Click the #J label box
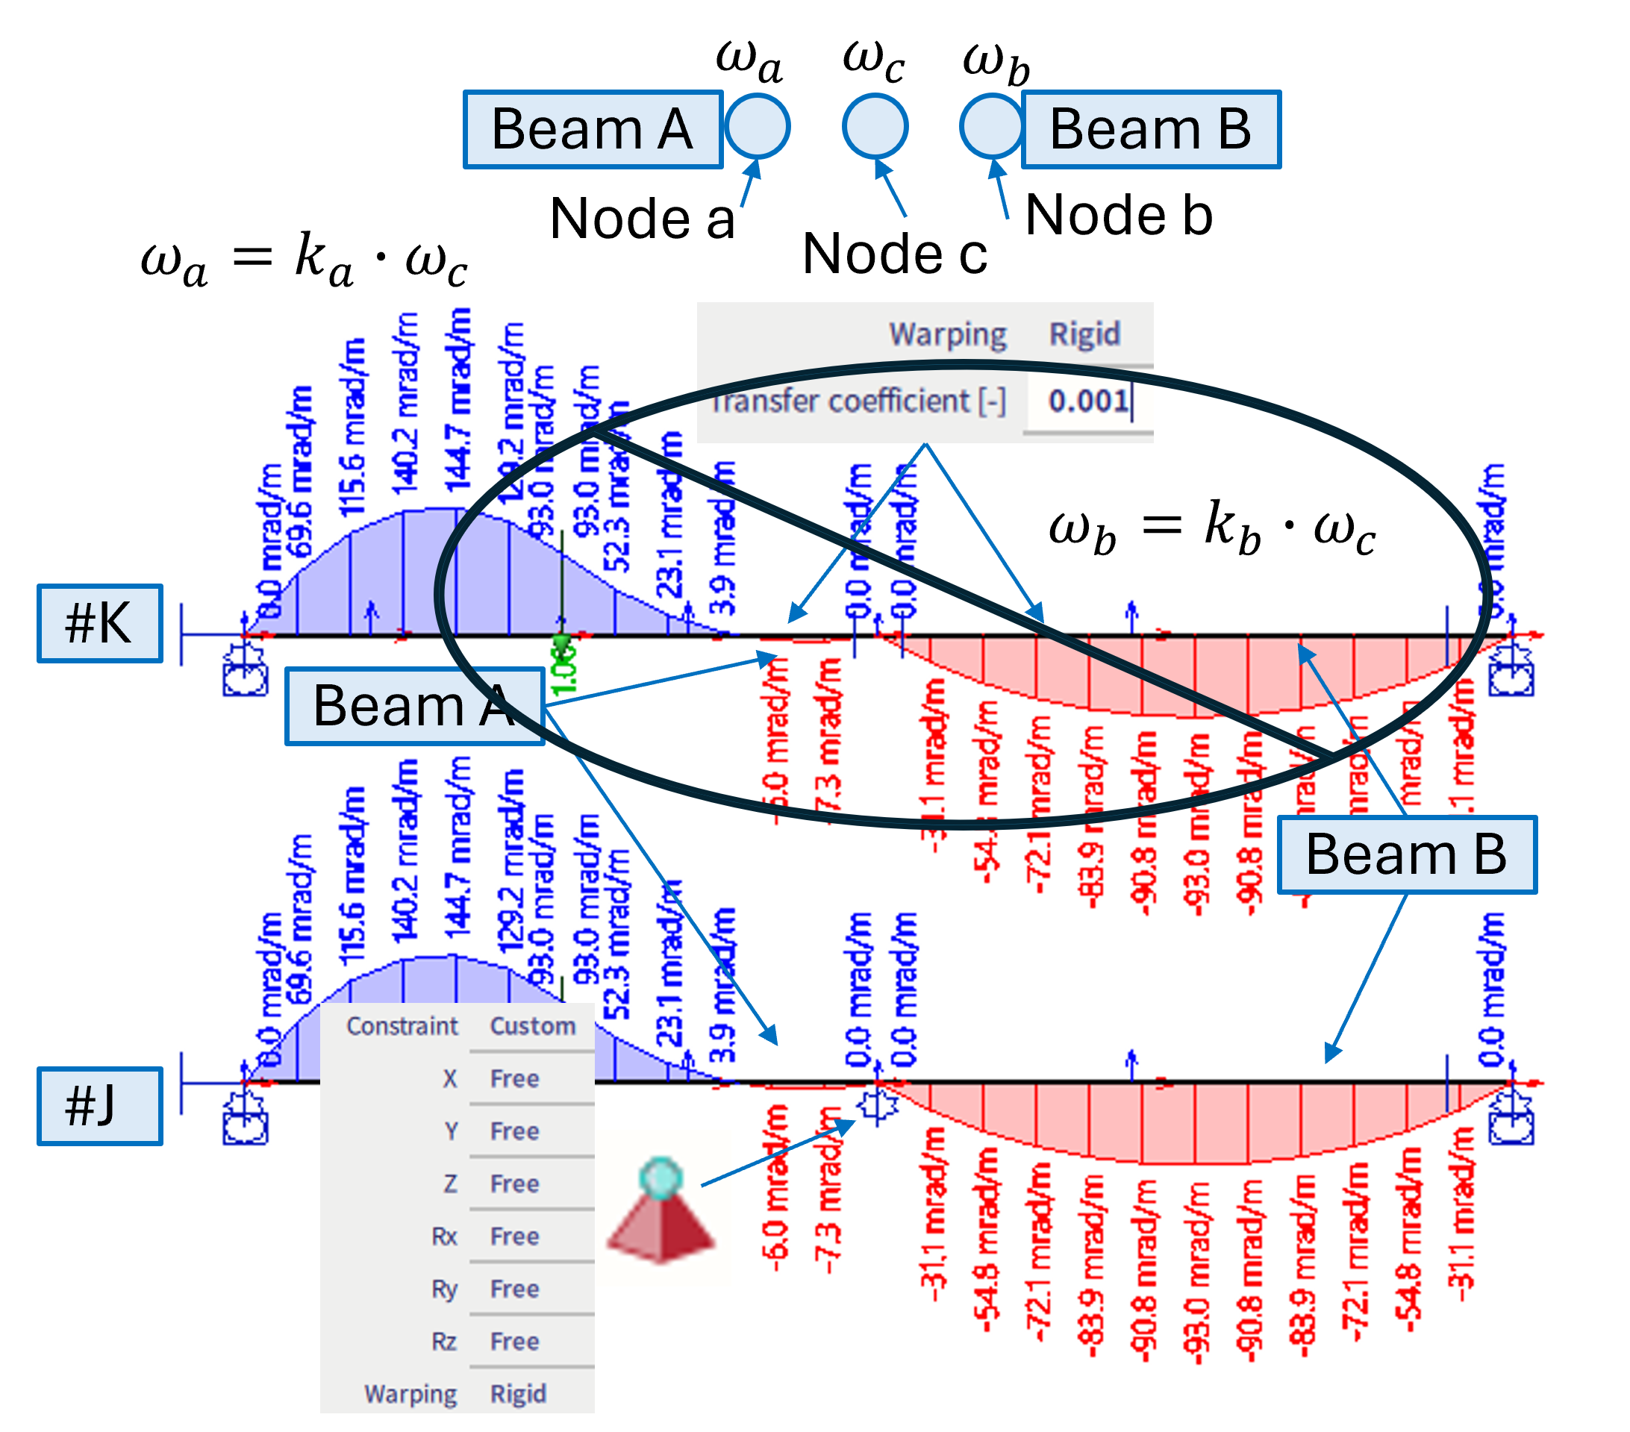tap(100, 1106)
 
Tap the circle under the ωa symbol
tap(757, 126)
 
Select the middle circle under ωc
tap(875, 126)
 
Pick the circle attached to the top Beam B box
tap(991, 126)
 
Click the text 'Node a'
tap(642, 219)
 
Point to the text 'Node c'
tap(895, 254)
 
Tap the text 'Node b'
tap(1119, 215)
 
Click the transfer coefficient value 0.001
tap(1087, 400)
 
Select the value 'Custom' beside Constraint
tap(533, 1025)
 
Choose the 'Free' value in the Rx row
tap(514, 1236)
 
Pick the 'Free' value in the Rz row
tap(514, 1341)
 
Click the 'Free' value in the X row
tap(514, 1079)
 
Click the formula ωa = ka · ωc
tap(304, 260)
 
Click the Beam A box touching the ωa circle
tap(593, 129)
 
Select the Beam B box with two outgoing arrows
tap(1406, 854)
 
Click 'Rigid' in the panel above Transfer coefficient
tap(1084, 334)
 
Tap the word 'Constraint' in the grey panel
tap(402, 1025)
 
